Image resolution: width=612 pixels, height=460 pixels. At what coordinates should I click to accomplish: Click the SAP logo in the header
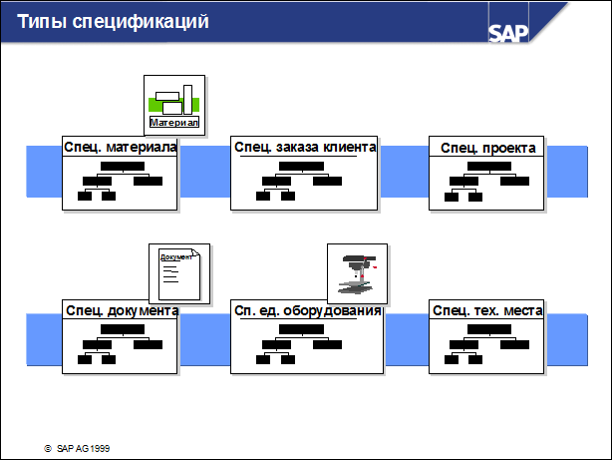tap(508, 33)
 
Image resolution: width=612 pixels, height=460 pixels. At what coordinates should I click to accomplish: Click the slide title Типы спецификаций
tap(113, 22)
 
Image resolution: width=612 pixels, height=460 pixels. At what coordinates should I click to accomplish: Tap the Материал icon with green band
tap(174, 106)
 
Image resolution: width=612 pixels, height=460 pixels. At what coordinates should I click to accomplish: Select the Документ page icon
tap(179, 274)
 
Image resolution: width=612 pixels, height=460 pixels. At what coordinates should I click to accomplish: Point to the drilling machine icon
tap(358, 274)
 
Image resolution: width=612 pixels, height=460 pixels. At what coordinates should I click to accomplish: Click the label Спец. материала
tap(121, 148)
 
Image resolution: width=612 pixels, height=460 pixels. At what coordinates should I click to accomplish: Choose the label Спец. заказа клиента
tap(305, 148)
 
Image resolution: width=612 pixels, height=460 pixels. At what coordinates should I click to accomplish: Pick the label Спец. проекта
tap(487, 148)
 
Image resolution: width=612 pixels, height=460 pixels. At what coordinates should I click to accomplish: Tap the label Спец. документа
tap(123, 310)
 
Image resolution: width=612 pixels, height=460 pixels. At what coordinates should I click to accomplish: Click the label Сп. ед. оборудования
tap(308, 310)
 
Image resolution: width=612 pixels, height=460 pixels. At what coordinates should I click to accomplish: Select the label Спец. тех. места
tap(487, 310)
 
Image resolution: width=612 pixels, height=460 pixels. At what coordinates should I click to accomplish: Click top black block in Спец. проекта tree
tap(489, 166)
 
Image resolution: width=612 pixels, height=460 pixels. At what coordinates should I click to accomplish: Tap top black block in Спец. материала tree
tap(123, 166)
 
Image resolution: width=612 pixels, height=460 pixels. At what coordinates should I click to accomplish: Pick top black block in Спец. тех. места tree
tap(489, 329)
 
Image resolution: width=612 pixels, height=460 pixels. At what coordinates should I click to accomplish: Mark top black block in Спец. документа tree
tap(123, 329)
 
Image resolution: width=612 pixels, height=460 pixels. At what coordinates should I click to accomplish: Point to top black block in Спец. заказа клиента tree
tap(301, 166)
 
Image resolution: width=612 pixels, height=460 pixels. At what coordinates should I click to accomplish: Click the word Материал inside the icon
tap(174, 123)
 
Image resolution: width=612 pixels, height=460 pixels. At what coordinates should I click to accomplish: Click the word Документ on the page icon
tap(176, 257)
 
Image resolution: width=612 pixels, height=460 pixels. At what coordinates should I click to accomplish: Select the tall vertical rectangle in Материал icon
tap(187, 100)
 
